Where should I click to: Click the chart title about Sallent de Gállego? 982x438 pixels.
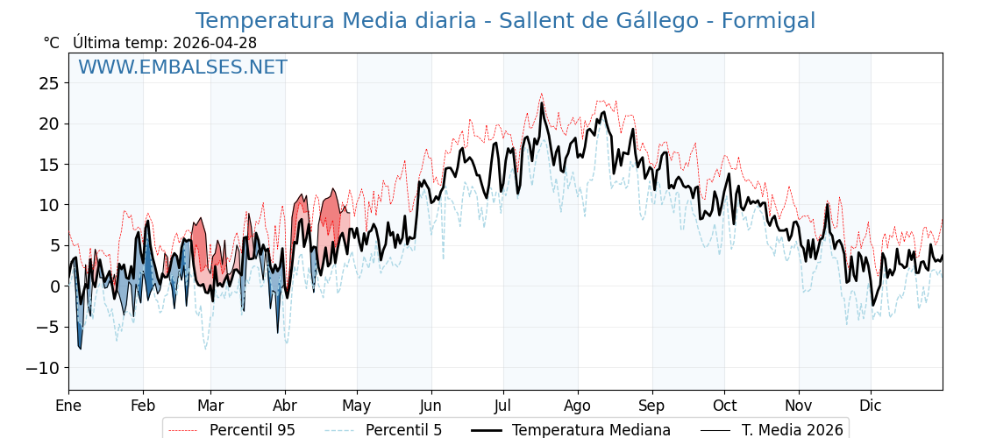pyautogui.click(x=505, y=21)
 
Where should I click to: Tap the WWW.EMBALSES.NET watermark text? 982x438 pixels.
pyautogui.click(x=182, y=67)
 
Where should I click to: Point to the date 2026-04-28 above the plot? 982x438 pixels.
pyautogui.click(x=215, y=43)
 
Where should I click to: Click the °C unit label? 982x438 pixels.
pyautogui.click(x=51, y=43)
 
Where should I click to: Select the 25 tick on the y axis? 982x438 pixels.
pyautogui.click(x=48, y=83)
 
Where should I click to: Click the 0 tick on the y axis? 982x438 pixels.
pyautogui.click(x=54, y=286)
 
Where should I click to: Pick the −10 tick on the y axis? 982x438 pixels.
pyautogui.click(x=42, y=368)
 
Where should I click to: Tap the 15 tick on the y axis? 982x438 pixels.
pyautogui.click(x=48, y=165)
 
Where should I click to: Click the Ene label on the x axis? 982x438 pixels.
pyautogui.click(x=68, y=406)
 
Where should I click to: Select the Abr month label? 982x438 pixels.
pyautogui.click(x=285, y=406)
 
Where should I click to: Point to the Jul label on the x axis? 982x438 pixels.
pyautogui.click(x=503, y=406)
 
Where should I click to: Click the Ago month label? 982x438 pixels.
pyautogui.click(x=578, y=406)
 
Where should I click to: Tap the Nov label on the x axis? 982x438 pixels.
pyautogui.click(x=799, y=406)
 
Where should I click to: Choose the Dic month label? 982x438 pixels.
pyautogui.click(x=871, y=406)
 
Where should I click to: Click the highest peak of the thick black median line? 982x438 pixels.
pyautogui.click(x=541, y=103)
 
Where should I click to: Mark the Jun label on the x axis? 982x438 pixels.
pyautogui.click(x=431, y=406)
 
